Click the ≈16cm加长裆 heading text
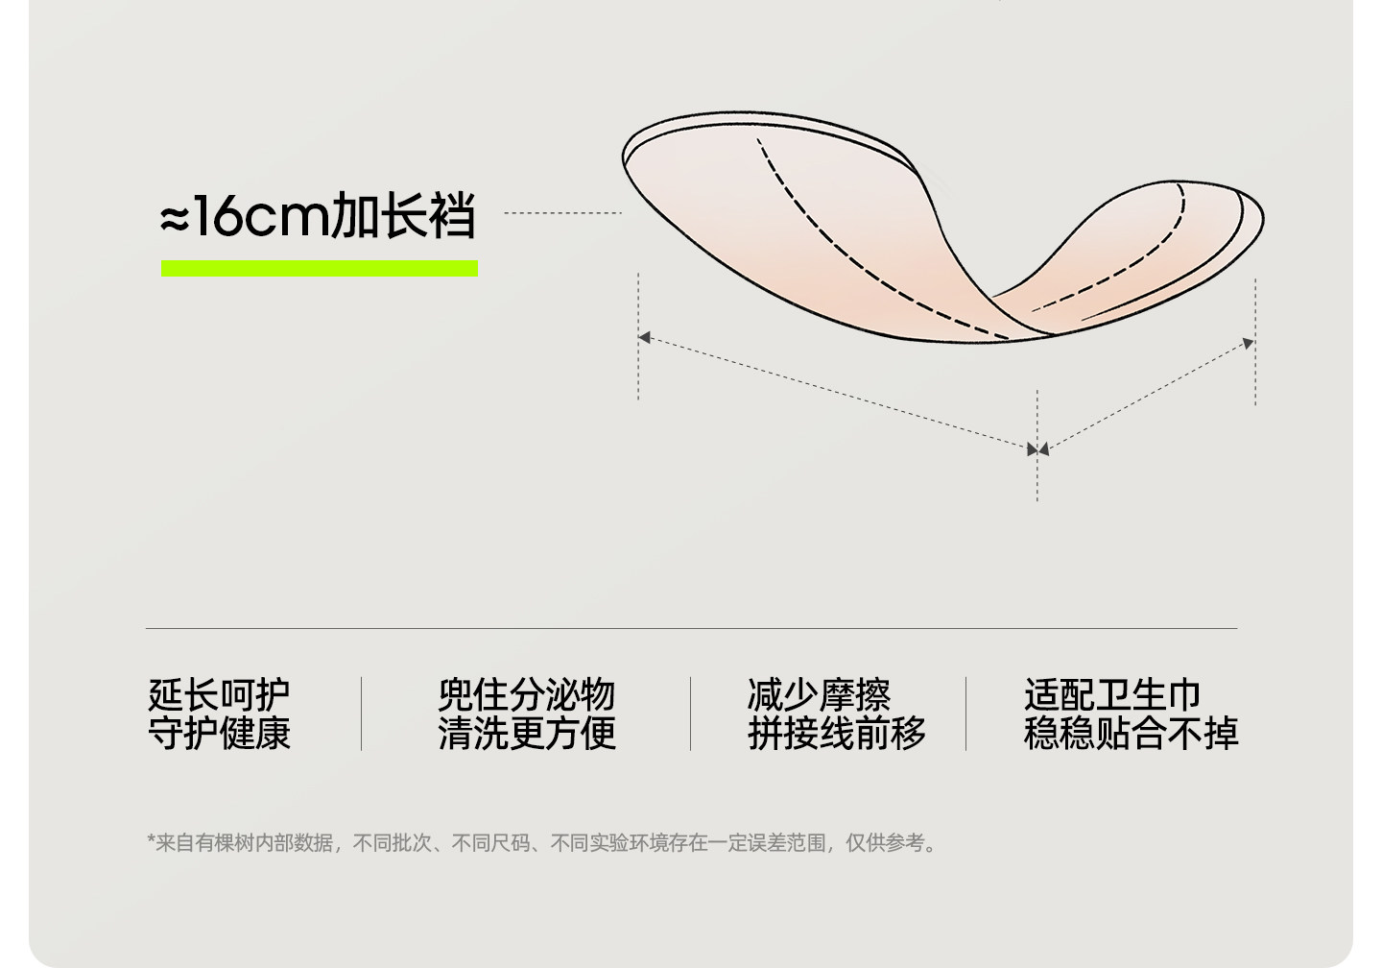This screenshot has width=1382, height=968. point(318,216)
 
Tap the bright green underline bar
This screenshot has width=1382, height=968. point(319,269)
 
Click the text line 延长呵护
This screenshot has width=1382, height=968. point(219,693)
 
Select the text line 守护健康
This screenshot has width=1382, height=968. point(219,733)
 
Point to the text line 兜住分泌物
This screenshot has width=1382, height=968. point(526,693)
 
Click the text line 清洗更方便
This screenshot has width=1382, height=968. point(526,733)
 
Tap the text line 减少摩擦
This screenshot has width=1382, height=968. point(819,693)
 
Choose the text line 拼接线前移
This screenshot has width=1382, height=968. point(836,733)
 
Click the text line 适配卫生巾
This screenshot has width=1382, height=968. point(1112,693)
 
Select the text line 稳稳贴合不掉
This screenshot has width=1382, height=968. point(1131,733)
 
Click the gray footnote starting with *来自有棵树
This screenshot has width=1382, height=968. point(543,843)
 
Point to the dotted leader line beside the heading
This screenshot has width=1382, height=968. point(562,213)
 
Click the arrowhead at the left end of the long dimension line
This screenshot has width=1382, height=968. point(645,337)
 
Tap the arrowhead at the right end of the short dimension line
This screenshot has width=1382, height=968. point(1248,343)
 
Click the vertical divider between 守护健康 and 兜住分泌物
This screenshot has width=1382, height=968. point(362,714)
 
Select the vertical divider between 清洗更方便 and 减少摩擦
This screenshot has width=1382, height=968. point(690,714)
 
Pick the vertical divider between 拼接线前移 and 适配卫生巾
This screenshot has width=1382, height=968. point(965,714)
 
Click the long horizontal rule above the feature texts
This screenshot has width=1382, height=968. point(691,629)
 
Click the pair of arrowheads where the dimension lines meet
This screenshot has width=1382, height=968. point(1037,449)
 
